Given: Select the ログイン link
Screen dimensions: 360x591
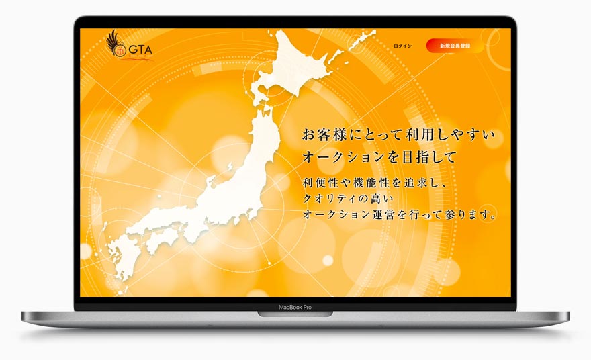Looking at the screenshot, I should click(403, 46).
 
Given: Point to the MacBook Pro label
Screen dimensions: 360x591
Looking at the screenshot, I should click(295, 307).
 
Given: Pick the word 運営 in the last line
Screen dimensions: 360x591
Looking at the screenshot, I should click(401, 216).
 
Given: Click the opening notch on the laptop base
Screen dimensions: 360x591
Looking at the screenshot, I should click(295, 314).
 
